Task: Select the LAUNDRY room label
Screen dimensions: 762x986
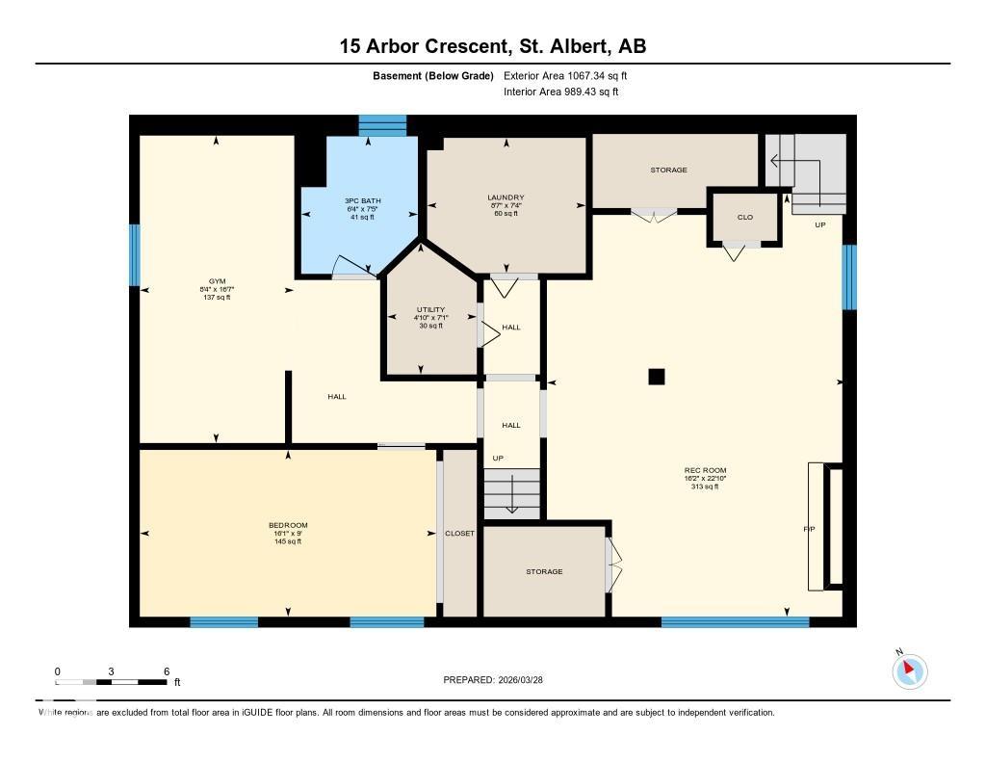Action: pos(506,197)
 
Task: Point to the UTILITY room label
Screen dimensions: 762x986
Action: pos(431,309)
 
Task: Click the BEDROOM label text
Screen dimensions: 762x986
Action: pos(288,525)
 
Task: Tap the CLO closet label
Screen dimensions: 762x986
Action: pos(745,217)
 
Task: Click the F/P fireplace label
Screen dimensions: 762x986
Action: pos(809,529)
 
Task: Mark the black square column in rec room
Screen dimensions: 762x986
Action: pos(657,377)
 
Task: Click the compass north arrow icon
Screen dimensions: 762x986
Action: pos(909,670)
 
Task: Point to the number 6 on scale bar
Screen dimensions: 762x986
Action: pos(167,671)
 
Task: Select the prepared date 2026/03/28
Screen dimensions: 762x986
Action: pos(528,679)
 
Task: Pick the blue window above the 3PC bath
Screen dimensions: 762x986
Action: pos(383,125)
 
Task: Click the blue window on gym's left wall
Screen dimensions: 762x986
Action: pos(135,255)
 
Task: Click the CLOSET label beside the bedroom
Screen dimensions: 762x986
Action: pos(459,533)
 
